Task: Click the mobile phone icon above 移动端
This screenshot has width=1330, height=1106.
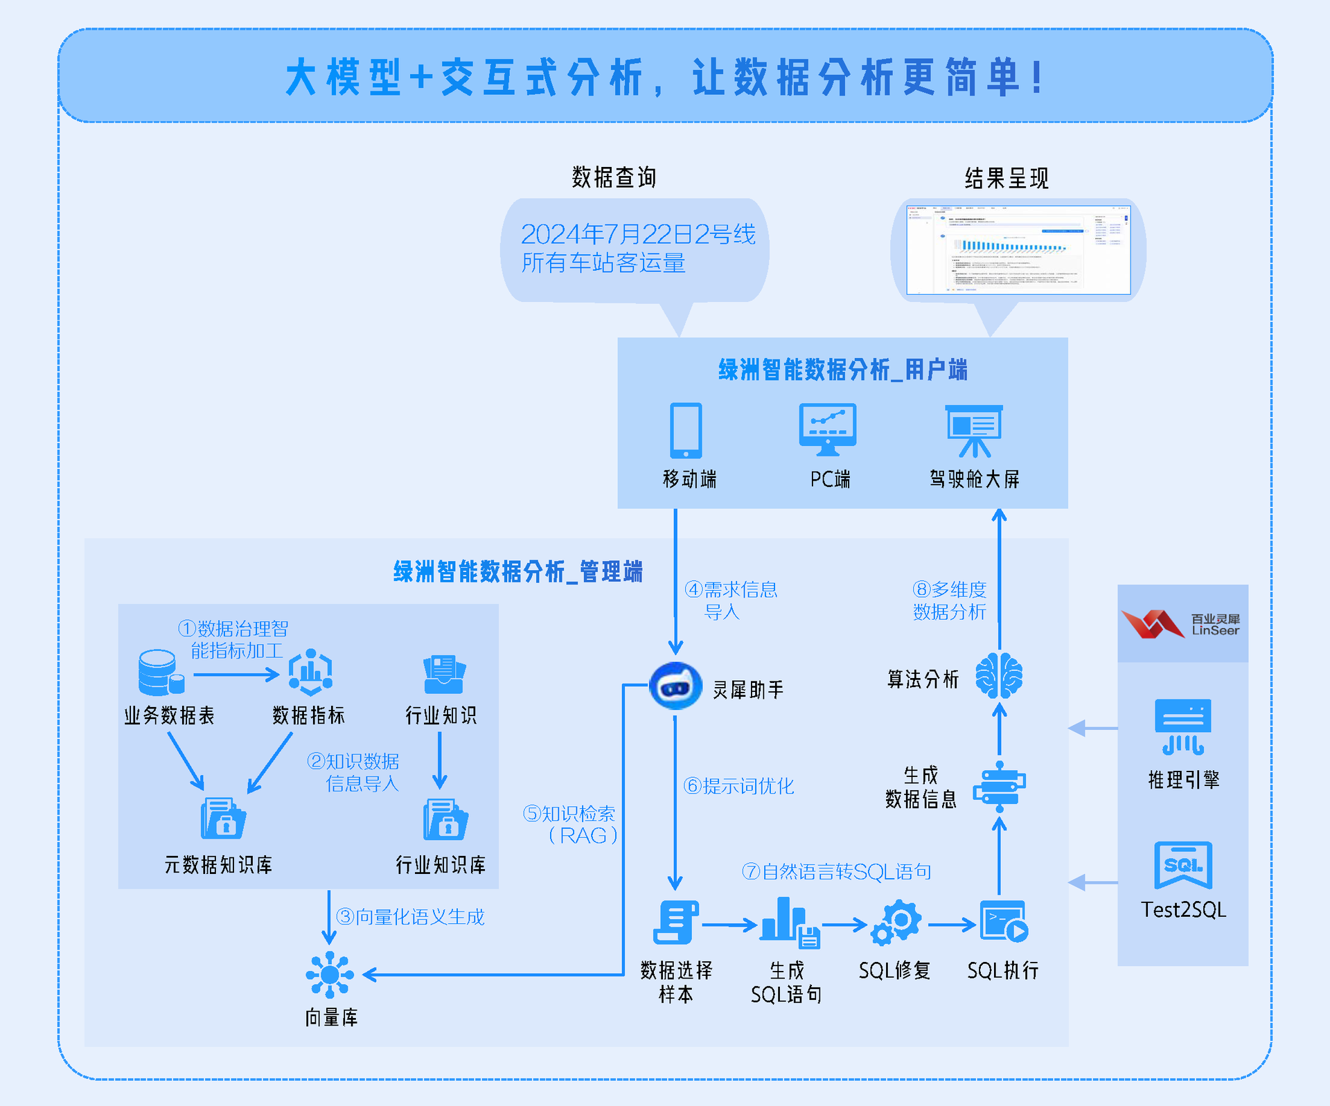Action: pos(686,430)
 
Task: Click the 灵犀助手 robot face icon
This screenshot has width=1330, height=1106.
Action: pos(675,686)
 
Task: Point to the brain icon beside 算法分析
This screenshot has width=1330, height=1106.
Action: pos(999,676)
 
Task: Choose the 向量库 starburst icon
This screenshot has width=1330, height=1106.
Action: pos(330,974)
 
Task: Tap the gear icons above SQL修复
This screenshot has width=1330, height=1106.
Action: pos(896,922)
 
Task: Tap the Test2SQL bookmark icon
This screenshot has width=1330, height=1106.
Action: pos(1183,865)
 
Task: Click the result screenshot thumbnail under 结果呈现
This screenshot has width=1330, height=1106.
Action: pos(1018,250)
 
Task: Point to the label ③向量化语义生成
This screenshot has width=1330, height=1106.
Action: pos(410,917)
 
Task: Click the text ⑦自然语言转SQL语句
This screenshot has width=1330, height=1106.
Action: pos(837,871)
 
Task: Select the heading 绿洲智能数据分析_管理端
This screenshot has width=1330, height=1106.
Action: pos(518,572)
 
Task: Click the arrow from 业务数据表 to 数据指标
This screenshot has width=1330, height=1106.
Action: pos(236,674)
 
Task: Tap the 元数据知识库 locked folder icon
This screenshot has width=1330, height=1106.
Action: pos(222,819)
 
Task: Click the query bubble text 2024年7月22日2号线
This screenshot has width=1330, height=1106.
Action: pos(637,234)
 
